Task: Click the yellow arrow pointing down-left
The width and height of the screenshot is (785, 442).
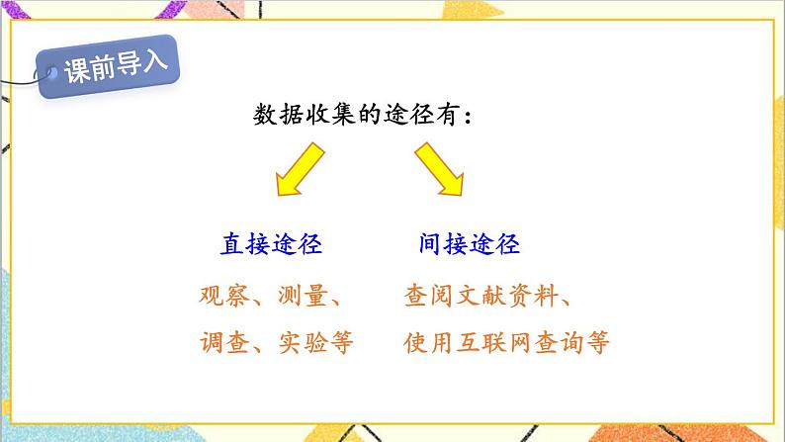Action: click(x=301, y=168)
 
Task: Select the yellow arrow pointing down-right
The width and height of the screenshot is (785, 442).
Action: click(x=440, y=169)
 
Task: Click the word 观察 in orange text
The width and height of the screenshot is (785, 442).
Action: click(x=222, y=296)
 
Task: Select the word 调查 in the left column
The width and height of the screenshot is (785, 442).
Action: click(x=222, y=343)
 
